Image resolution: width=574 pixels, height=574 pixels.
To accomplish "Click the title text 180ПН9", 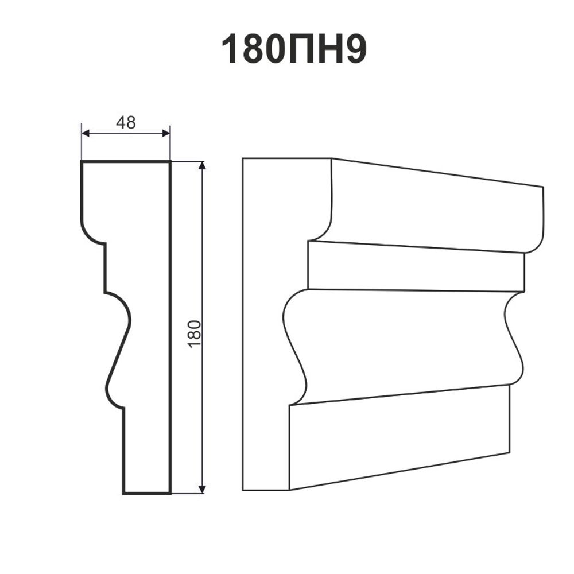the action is (294, 50).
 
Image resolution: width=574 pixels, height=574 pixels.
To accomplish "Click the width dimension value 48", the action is (126, 123).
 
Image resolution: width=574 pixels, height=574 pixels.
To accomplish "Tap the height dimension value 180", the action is (195, 334).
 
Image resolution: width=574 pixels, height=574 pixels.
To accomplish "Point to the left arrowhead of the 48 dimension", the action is (86, 134).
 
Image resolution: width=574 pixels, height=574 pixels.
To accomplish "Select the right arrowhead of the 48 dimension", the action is (166, 134).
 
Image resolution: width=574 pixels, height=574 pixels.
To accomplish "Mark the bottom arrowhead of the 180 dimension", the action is (202, 489).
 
